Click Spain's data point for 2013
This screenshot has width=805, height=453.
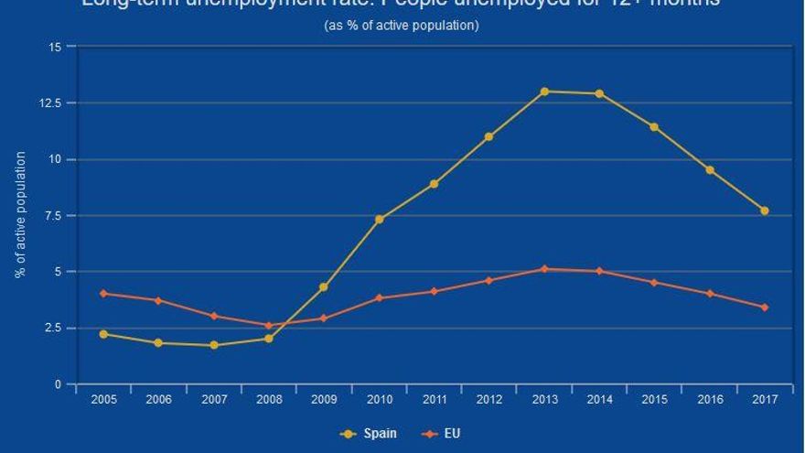click(544, 92)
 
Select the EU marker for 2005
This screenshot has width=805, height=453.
click(103, 294)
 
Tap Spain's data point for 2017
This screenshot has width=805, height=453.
click(765, 210)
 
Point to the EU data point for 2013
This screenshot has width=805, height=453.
click(544, 269)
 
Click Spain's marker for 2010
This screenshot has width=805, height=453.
click(379, 220)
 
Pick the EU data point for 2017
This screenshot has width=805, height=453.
click(765, 307)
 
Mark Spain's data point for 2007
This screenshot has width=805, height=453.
click(214, 345)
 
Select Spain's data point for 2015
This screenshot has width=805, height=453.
click(654, 127)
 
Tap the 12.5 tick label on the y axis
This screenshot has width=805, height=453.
click(51, 102)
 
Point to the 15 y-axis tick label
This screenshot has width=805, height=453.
click(56, 47)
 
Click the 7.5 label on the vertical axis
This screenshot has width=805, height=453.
click(54, 216)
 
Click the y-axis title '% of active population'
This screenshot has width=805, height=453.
click(20, 215)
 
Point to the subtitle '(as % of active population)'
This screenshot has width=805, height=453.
click(402, 26)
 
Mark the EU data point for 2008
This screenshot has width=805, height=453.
click(269, 326)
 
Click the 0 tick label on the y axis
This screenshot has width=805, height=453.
click(59, 385)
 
